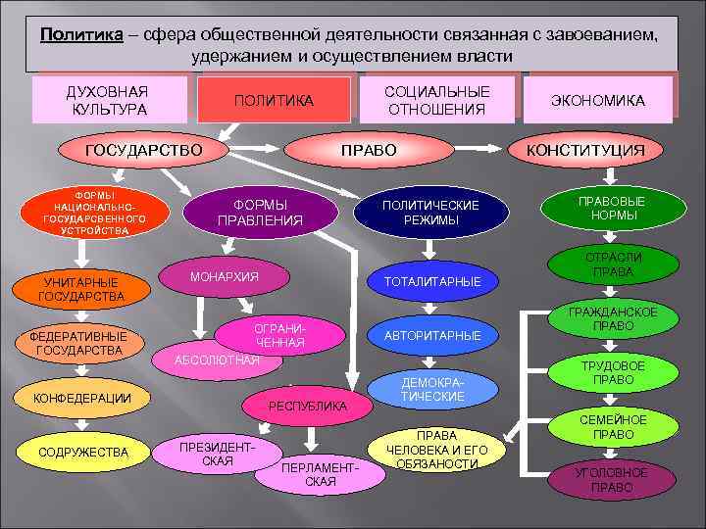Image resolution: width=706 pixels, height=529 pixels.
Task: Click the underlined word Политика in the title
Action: point(81,34)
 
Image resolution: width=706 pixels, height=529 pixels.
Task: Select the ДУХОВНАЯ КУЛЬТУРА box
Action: point(108,98)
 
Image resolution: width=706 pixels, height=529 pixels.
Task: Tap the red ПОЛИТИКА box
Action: point(274,101)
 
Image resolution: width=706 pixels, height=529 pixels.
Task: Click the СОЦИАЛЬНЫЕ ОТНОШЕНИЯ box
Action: point(436,99)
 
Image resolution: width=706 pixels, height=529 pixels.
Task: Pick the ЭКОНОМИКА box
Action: point(598,100)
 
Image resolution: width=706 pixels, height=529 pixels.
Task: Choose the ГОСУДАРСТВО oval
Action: point(143,150)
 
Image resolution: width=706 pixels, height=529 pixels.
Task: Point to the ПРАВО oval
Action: point(368,150)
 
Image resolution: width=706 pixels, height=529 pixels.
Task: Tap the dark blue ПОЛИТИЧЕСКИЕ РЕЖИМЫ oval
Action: point(430,213)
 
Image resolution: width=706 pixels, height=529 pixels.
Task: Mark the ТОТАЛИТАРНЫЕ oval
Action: point(432,281)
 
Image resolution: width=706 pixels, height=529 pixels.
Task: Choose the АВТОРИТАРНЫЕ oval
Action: point(432,336)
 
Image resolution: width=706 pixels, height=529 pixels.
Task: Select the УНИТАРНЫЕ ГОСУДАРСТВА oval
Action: point(81,289)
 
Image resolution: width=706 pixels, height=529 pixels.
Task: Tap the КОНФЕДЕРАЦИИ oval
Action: point(83,397)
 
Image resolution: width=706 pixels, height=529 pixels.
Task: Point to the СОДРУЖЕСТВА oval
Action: point(83,452)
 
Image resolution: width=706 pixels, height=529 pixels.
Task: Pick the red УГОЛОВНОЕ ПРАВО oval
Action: point(612,480)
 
